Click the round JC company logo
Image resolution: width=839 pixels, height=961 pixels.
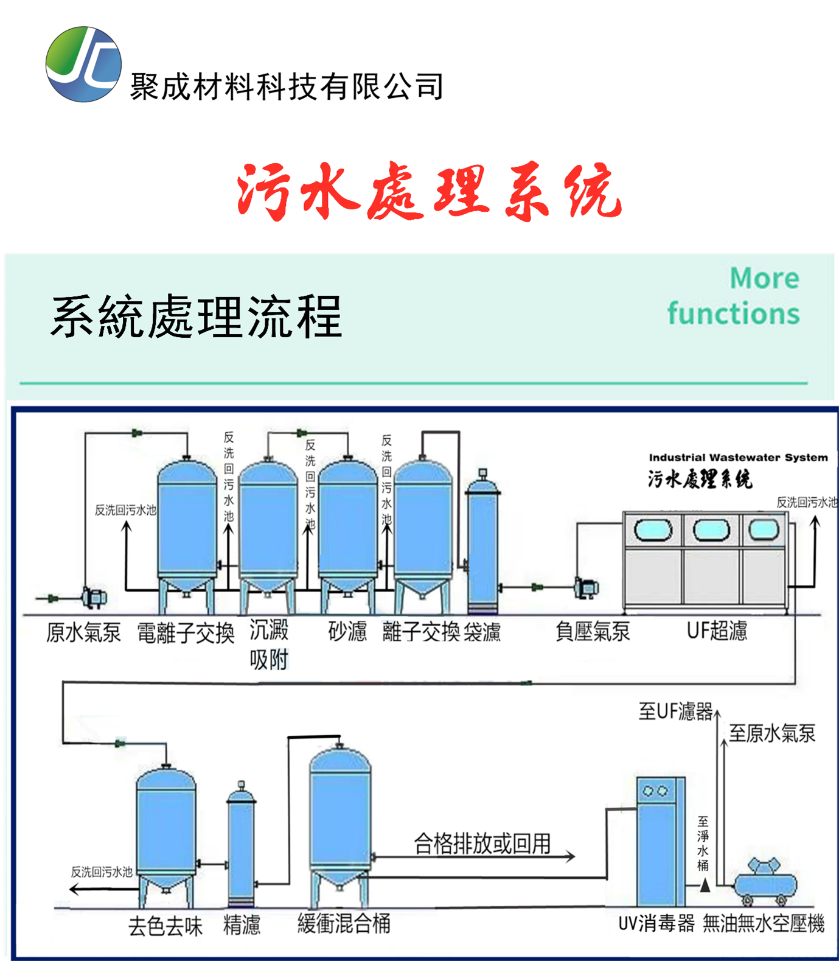pyautogui.click(x=83, y=64)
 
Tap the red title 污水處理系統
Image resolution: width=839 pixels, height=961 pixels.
pyautogui.click(x=429, y=191)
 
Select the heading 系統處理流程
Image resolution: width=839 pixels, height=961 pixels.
pyautogui.click(x=196, y=316)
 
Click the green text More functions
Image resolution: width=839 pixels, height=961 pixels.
pyautogui.click(x=734, y=296)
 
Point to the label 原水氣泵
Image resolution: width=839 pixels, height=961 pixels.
pyautogui.click(x=83, y=632)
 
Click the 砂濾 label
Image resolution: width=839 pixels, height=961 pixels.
pyautogui.click(x=347, y=631)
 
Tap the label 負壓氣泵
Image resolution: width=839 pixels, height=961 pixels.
pyautogui.click(x=592, y=632)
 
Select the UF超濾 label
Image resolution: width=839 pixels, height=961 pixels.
pyautogui.click(x=717, y=631)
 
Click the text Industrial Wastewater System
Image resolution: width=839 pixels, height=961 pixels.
pyautogui.click(x=737, y=457)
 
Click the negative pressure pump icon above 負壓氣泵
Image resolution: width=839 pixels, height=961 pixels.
pyautogui.click(x=587, y=587)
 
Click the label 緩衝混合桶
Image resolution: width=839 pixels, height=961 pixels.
pyautogui.click(x=344, y=923)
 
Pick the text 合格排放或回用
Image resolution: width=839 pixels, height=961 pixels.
pyautogui.click(x=482, y=844)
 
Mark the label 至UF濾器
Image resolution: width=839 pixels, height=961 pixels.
pyautogui.click(x=675, y=711)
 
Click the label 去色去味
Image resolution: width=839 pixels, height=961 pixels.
pyautogui.click(x=165, y=926)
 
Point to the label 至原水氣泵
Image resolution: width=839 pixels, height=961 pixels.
pyautogui.click(x=772, y=733)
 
